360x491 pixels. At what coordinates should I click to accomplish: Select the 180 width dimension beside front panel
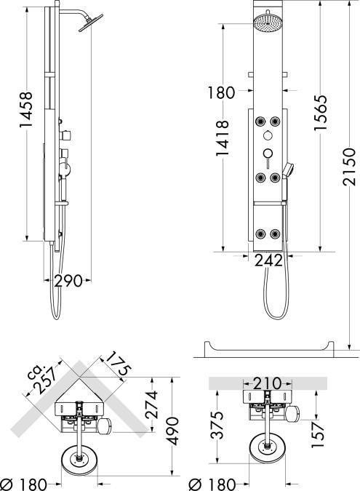pyautogui.click(x=221, y=92)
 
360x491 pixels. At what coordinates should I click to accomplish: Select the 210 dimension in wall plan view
pyautogui.click(x=267, y=383)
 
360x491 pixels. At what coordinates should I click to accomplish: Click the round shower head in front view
pyautogui.click(x=268, y=21)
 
